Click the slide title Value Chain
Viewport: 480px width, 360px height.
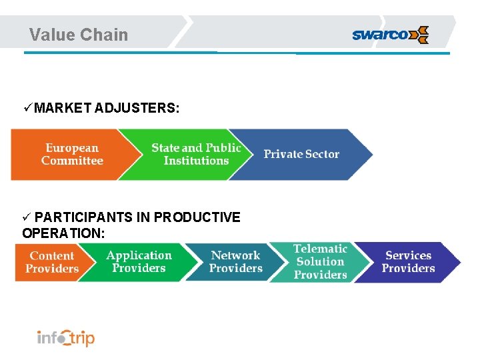(x=79, y=35)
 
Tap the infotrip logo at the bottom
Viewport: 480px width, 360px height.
(x=65, y=337)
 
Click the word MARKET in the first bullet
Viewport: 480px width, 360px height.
(x=63, y=107)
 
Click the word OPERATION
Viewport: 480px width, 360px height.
(x=63, y=233)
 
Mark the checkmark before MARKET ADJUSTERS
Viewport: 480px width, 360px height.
(x=27, y=107)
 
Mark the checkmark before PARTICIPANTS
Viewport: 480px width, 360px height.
(x=27, y=217)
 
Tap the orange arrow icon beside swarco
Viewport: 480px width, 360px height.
(x=419, y=35)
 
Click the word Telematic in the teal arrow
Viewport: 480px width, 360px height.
(x=320, y=249)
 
